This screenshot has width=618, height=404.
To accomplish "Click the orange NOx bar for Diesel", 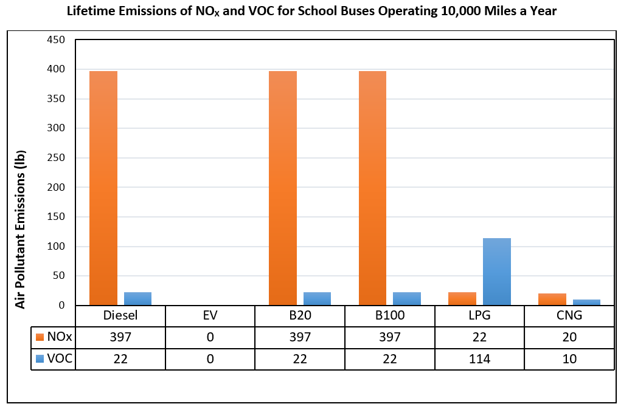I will click(103, 188).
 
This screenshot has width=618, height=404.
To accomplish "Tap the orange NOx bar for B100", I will click(372, 188).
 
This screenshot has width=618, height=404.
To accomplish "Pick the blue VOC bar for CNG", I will click(586, 302).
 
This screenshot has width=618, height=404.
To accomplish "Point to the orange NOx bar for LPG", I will click(462, 298).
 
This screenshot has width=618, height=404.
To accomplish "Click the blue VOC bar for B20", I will click(317, 298).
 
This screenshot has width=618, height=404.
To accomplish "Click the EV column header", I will click(210, 316).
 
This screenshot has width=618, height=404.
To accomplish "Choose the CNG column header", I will click(569, 316).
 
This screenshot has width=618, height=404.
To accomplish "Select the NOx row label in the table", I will click(60, 337).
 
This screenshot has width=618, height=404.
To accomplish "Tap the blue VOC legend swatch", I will click(40, 359).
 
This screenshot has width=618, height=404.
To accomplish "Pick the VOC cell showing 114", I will click(479, 359).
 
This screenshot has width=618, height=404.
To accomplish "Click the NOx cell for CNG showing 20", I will click(569, 337).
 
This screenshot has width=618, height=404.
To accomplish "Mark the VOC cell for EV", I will click(210, 359).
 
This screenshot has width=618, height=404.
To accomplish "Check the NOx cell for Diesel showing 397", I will click(120, 337).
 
